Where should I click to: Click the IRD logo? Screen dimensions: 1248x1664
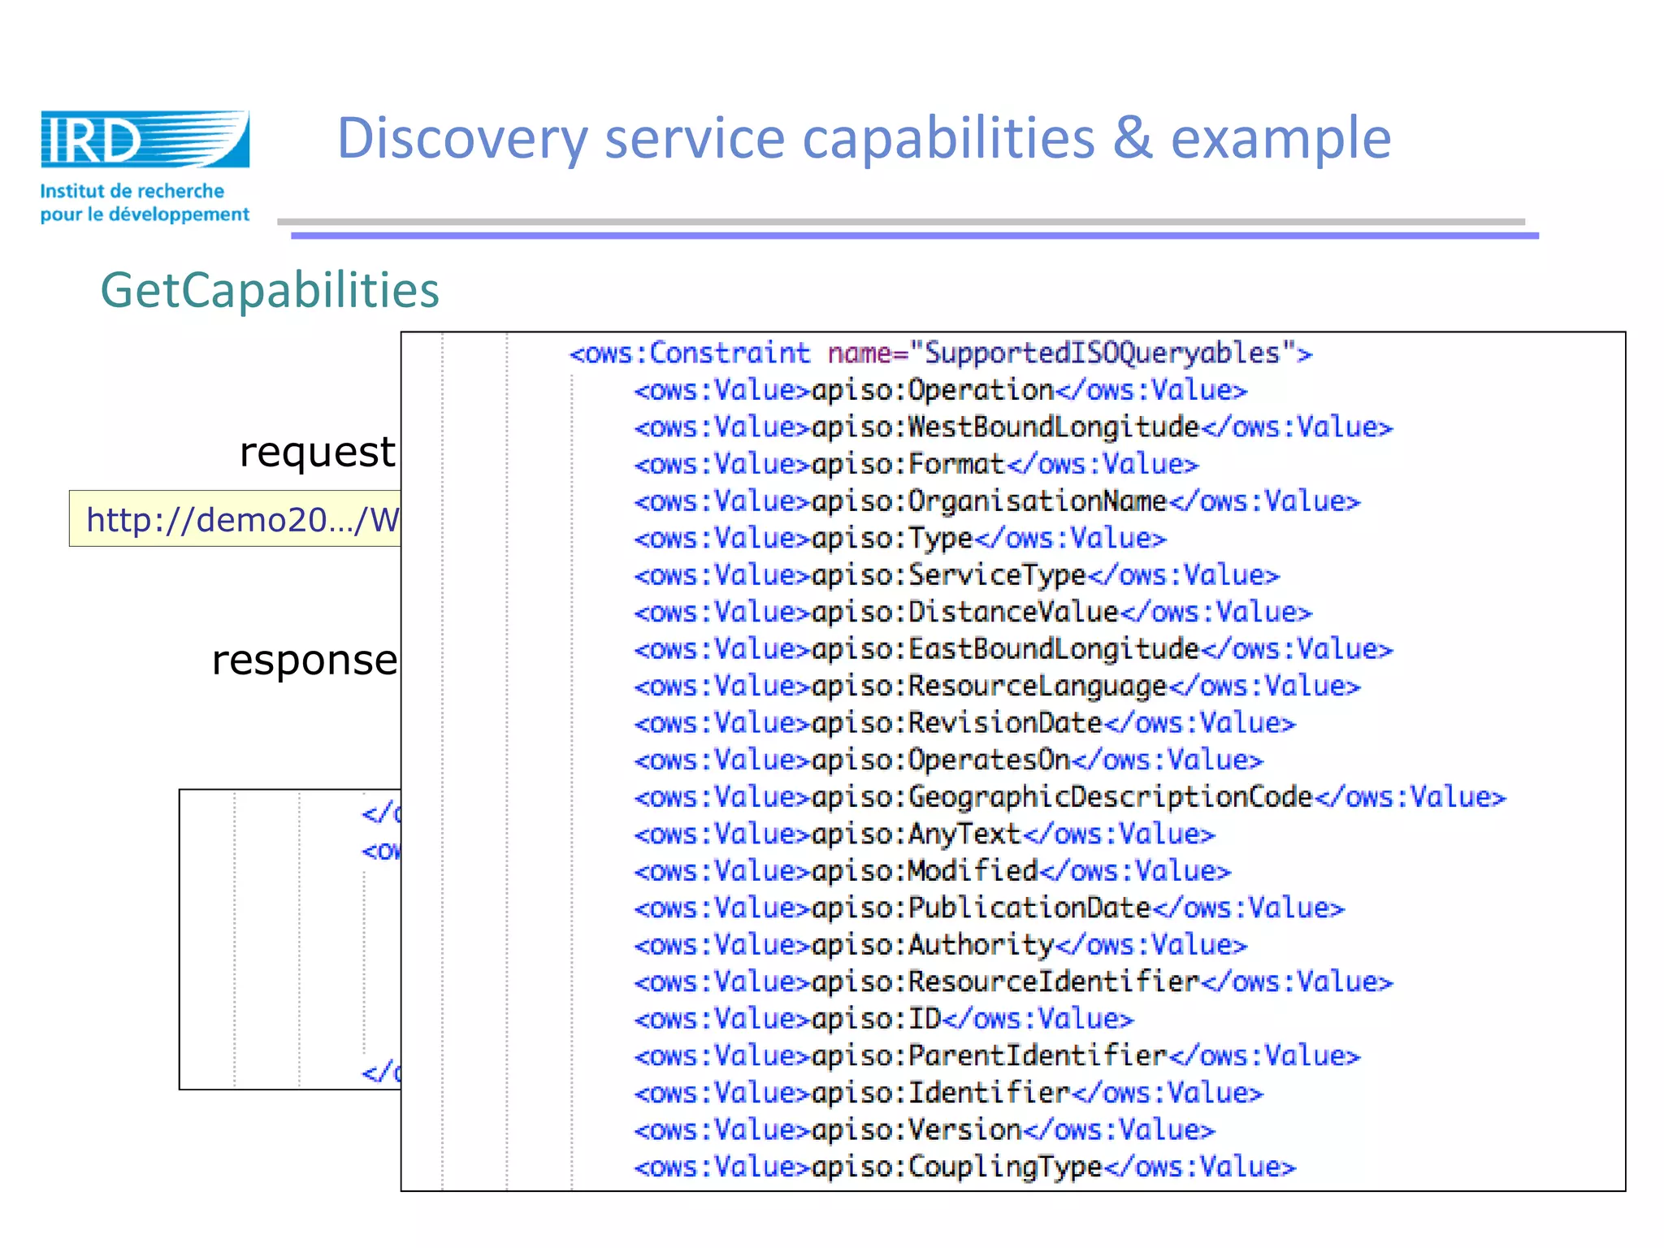[x=145, y=140]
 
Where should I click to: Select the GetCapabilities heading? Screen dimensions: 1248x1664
[x=270, y=290]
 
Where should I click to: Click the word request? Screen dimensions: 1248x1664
[x=317, y=452]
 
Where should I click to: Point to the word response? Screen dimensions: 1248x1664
[x=305, y=660]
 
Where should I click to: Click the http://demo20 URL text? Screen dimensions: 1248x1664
[x=242, y=519]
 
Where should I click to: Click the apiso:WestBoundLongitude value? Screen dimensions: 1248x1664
[x=1006, y=427]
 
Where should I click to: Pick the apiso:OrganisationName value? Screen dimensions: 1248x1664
[x=990, y=501]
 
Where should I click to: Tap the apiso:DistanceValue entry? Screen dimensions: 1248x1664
[x=965, y=613]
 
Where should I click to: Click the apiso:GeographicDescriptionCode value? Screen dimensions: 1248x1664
[x=1063, y=797]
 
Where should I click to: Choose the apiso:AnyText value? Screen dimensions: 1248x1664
[x=916, y=834]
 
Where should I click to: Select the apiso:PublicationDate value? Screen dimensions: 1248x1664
[x=981, y=908]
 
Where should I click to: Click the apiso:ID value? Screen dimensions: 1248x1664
[x=876, y=1019]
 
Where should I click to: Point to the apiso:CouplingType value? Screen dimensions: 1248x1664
[x=957, y=1167]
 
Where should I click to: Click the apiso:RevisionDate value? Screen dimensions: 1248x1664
[x=957, y=723]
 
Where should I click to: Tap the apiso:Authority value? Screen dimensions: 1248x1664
[x=933, y=945]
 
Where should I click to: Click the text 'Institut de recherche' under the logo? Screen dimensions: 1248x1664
[x=132, y=192]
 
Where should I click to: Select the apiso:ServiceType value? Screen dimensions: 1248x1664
[x=949, y=575]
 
